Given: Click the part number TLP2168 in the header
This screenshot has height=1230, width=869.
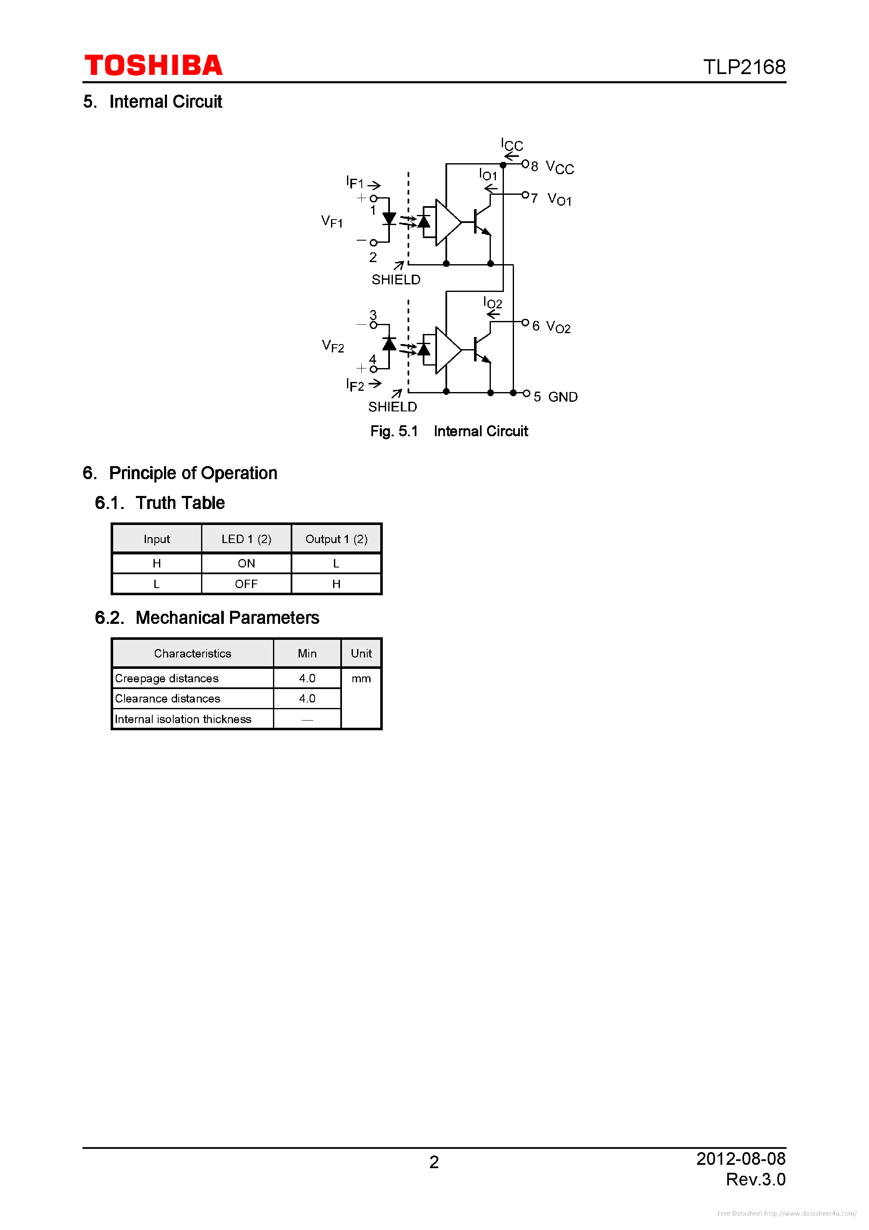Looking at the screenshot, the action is click(x=744, y=67).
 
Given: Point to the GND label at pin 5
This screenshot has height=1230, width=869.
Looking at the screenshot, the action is click(x=562, y=397).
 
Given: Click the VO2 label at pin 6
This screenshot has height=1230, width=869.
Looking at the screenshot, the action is click(x=558, y=327).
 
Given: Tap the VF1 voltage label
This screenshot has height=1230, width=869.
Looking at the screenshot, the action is click(x=331, y=221).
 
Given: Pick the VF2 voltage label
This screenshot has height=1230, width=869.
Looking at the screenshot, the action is click(x=333, y=346).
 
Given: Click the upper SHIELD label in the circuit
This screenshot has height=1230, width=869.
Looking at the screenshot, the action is click(x=396, y=280).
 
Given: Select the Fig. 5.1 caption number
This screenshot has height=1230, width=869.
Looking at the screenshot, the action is click(x=394, y=431).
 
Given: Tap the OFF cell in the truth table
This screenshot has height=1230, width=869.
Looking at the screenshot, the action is click(x=246, y=584).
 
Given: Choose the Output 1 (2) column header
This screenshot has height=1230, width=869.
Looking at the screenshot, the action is click(x=336, y=539).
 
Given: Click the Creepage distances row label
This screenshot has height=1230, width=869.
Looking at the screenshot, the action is click(x=167, y=678).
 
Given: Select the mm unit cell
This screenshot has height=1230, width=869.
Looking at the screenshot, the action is click(x=361, y=678).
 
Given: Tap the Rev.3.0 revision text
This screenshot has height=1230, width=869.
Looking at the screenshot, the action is click(x=755, y=1179).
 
